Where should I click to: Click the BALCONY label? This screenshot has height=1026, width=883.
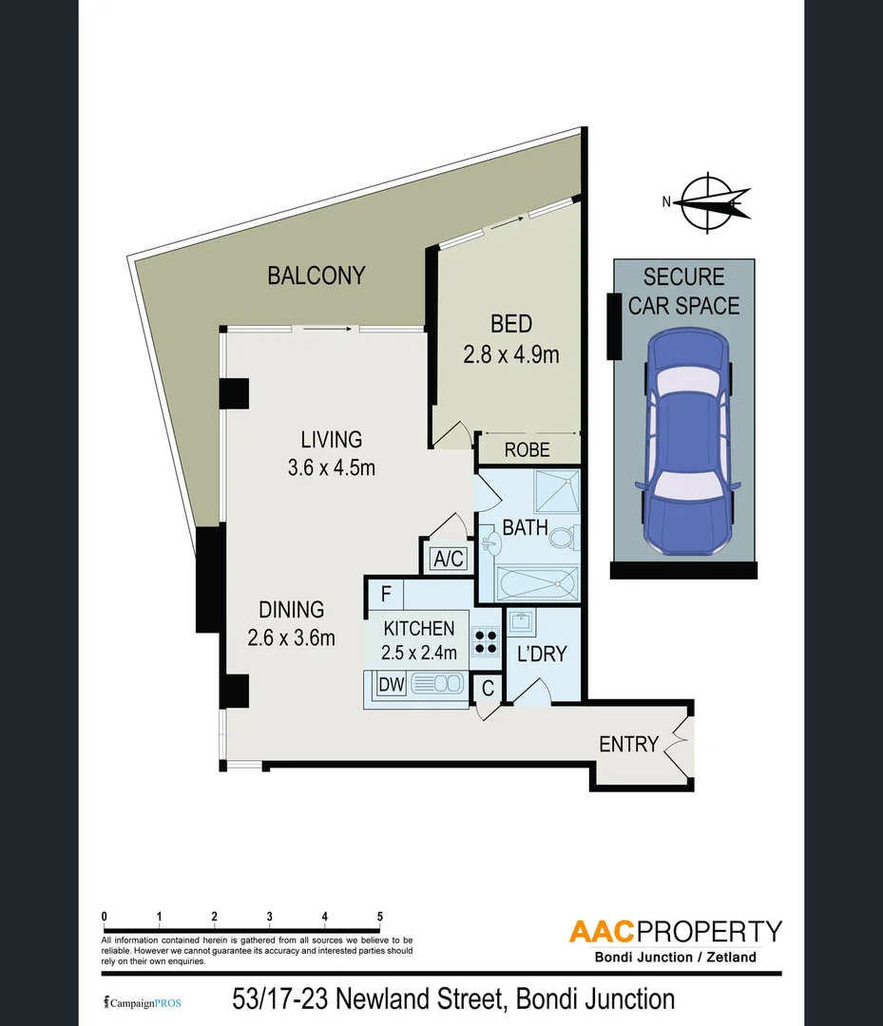pos(316,275)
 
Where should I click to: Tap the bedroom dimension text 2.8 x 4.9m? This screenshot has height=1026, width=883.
pos(510,354)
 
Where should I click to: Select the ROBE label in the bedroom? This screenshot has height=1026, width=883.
pos(527,449)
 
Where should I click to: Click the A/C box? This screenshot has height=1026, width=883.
pos(448,559)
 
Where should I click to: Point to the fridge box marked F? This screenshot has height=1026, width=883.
pos(385,595)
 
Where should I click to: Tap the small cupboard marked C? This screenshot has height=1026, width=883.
pos(488,689)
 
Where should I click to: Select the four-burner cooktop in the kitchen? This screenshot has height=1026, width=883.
pos(486,643)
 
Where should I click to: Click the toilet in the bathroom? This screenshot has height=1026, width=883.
pos(562,539)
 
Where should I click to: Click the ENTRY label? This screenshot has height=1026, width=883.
pos(628,744)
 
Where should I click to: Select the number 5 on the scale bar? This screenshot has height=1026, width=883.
pos(380,917)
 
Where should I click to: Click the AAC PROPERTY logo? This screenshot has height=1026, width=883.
pos(675,931)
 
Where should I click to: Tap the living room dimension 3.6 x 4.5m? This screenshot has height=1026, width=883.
pos(331,467)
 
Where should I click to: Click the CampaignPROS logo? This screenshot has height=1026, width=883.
pos(142,1003)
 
